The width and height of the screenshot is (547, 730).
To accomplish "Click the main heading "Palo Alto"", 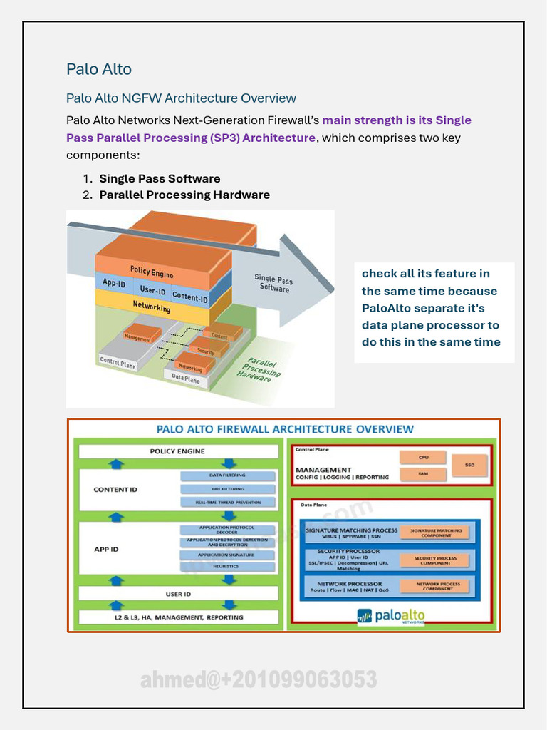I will point(99,69).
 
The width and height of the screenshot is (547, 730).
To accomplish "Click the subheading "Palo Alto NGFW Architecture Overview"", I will point(181,98).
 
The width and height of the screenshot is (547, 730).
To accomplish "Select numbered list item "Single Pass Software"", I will point(160,178).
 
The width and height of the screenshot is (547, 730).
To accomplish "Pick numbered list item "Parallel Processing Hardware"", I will point(184,195).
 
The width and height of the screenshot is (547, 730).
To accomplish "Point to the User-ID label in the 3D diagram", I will point(152,290).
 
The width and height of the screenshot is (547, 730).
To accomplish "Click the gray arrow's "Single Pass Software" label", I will point(274,284).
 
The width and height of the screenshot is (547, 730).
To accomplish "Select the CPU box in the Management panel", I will point(423,457).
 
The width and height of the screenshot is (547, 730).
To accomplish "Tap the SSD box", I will point(469,465).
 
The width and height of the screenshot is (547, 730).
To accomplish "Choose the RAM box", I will point(423,473).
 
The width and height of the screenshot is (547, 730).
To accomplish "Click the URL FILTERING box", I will point(228,489).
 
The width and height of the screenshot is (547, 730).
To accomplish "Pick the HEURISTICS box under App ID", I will point(228,567).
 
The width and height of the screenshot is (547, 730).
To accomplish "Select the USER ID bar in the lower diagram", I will point(178,594).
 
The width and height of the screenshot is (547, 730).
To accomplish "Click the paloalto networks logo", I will point(391,615).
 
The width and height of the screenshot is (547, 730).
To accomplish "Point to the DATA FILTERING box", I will point(228,475).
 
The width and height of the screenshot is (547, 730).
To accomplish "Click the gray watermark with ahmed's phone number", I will point(259,680).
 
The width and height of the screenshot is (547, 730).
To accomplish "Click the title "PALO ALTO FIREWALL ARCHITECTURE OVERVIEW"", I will point(285,429).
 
